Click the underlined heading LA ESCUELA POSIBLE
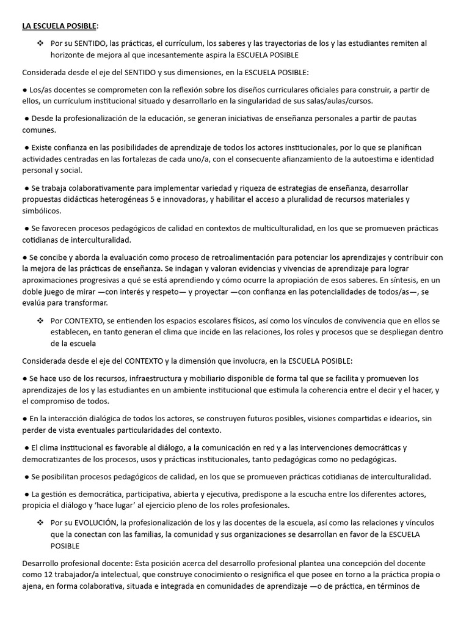[x=59, y=26]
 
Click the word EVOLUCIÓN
[x=96, y=523]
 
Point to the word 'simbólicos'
[x=41, y=211]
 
